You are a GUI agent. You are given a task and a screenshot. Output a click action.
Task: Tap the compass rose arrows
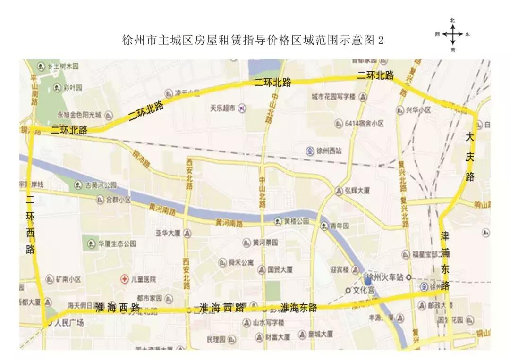click(x=452, y=34)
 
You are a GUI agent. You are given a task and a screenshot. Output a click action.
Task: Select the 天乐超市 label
click(x=223, y=108)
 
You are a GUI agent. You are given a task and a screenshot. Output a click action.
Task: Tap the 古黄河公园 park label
click(x=101, y=185)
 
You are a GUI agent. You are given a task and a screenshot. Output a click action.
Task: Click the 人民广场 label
click(x=69, y=323)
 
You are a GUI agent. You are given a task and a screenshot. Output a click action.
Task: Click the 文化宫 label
click(x=364, y=289)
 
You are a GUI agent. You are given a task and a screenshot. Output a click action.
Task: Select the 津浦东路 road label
click(x=445, y=260)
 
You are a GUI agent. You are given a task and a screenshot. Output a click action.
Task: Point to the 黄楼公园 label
click(x=296, y=221)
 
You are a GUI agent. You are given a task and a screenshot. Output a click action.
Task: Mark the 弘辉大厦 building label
click(x=357, y=191)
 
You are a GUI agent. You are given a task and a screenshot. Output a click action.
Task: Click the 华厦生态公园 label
click(x=117, y=244)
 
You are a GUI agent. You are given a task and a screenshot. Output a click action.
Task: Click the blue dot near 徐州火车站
click(x=368, y=281)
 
